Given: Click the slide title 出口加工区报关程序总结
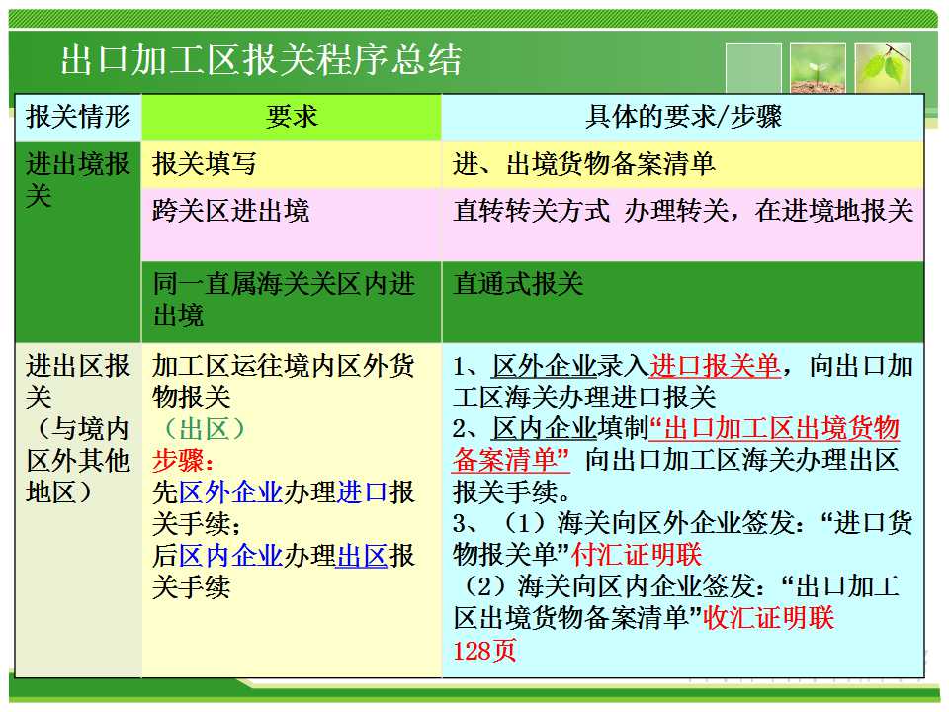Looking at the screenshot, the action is [261, 59].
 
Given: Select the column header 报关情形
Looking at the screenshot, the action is [78, 117].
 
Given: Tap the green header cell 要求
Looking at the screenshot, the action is [291, 117].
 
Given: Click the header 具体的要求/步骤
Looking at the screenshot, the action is [683, 117].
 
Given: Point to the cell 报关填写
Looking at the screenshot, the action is [205, 163].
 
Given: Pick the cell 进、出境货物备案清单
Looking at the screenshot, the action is [584, 163].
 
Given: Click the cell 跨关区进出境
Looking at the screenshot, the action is [230, 211].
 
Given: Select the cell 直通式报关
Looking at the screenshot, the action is [518, 284].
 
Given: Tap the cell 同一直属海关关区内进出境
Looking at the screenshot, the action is [284, 299].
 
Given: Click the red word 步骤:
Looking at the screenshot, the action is [183, 460].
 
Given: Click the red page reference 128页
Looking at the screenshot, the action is [484, 651].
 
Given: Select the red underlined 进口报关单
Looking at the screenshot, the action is [716, 366].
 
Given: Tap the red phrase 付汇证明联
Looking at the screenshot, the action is [637, 555].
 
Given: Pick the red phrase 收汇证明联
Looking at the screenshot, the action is [769, 617].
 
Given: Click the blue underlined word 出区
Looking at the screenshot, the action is [363, 555].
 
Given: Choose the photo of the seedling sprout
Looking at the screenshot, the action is [818, 67].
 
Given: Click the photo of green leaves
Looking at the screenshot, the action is [883, 67].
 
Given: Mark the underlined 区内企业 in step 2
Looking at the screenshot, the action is [545, 428].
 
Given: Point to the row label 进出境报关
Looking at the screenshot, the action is [78, 179].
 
